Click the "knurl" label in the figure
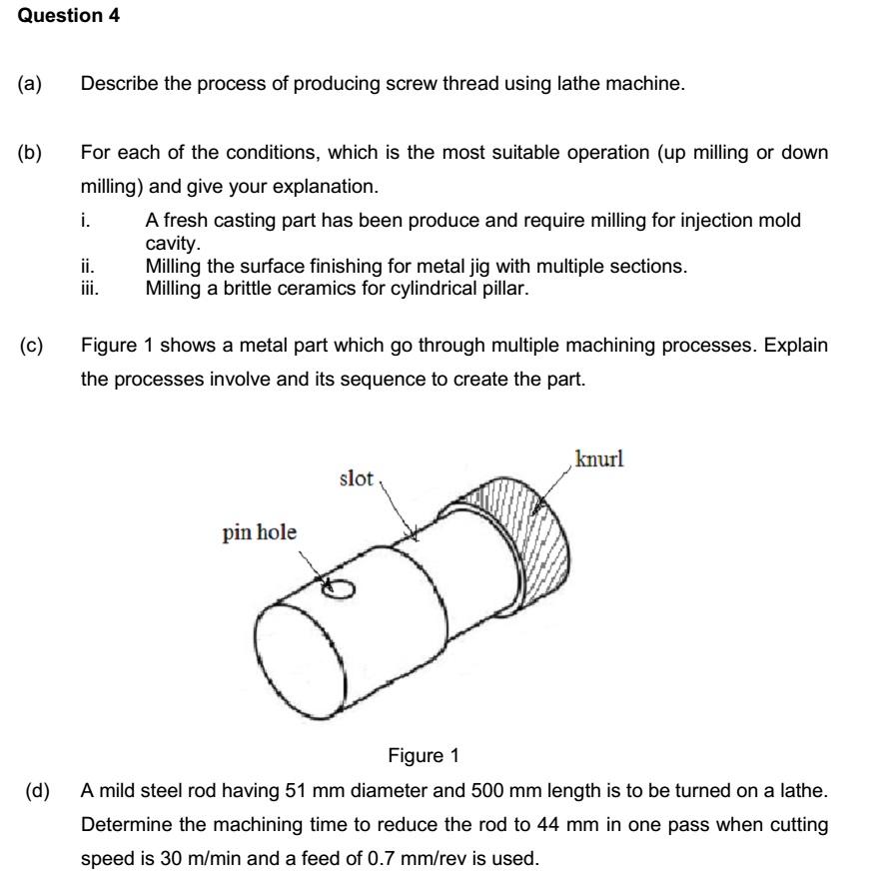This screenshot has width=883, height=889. pyautogui.click(x=599, y=459)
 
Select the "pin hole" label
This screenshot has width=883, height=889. pyautogui.click(x=259, y=532)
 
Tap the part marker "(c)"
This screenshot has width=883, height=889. pyautogui.click(x=31, y=346)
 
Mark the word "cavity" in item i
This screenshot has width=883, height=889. pyautogui.click(x=172, y=243)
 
